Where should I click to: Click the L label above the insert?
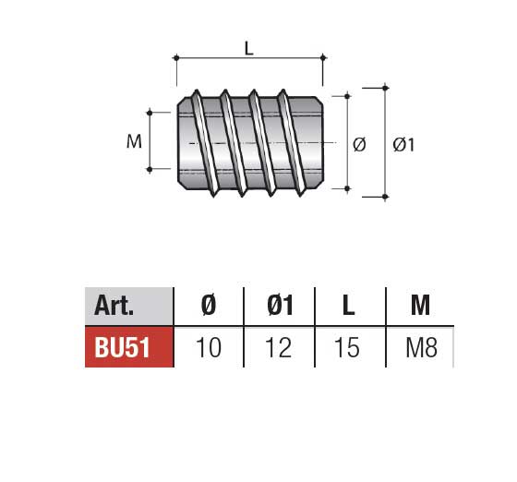tap(249, 48)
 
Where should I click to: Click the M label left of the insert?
tap(134, 141)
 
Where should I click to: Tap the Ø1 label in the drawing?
tap(403, 145)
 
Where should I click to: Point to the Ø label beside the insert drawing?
tap(359, 145)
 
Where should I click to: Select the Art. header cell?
tap(129, 307)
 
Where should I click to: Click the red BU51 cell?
tap(129, 347)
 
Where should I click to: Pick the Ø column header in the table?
tap(209, 306)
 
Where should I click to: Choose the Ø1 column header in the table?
tap(280, 306)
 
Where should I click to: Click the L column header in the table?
tap(348, 306)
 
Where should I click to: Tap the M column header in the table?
tap(420, 306)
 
